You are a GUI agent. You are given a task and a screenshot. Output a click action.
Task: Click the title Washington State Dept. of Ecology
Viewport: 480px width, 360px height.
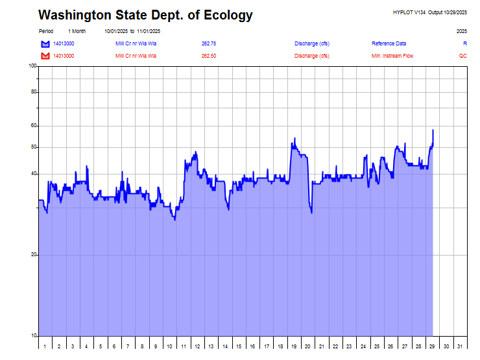pos(145,16)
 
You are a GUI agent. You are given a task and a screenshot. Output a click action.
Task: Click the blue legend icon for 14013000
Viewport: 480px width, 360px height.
pos(45,43)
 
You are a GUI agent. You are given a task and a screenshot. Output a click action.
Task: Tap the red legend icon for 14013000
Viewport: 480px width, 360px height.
pos(45,56)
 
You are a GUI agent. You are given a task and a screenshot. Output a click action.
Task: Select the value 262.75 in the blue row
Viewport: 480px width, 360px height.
pos(209,43)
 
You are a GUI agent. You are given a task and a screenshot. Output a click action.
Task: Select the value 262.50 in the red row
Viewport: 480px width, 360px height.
pos(209,56)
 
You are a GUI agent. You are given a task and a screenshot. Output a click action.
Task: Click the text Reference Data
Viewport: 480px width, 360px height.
pos(389,43)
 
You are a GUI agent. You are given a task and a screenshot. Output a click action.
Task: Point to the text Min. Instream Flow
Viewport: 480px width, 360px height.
pos(392,56)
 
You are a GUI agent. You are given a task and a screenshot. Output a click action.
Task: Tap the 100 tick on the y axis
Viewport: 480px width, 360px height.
pos(32,66)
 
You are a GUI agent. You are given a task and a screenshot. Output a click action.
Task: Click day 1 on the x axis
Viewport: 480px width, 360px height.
pos(45,347)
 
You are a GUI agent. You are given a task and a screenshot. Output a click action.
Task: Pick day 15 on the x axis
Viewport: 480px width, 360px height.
pos(239,347)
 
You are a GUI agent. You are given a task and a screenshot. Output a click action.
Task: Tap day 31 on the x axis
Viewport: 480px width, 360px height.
pos(460,347)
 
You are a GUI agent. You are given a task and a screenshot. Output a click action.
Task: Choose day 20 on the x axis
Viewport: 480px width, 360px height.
pos(307,347)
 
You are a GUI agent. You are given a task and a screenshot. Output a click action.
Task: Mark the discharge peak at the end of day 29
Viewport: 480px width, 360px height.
pos(433,130)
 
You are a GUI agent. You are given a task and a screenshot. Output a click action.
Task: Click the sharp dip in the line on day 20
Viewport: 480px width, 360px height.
pos(311,211)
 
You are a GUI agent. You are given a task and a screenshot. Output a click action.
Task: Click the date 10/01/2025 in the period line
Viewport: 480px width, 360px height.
pos(116,31)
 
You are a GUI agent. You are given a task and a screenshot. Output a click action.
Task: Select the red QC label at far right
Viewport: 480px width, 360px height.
pos(462,56)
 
